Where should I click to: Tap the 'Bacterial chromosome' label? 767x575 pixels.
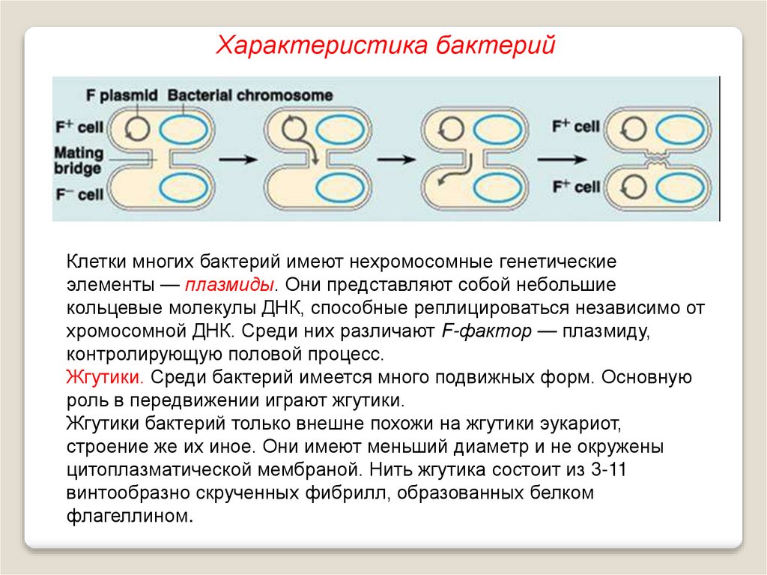(x=250, y=96)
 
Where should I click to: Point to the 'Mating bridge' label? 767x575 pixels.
(x=78, y=160)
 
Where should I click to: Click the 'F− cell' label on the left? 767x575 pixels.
(x=79, y=194)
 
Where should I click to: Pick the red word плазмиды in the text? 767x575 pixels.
(x=231, y=286)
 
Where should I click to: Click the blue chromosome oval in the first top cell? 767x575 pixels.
(x=183, y=128)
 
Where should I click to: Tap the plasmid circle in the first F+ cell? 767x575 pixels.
(x=136, y=127)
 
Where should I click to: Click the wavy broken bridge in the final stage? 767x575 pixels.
(x=655, y=160)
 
